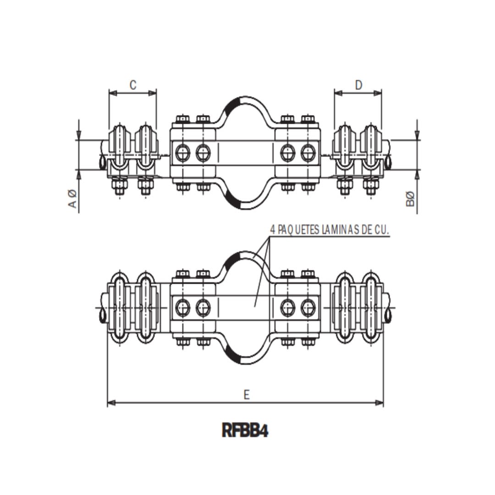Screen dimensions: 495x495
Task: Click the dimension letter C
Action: [132, 85]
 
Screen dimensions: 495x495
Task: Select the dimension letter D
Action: [358, 85]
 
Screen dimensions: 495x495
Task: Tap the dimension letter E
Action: [247, 395]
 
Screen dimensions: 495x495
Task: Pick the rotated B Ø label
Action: [411, 199]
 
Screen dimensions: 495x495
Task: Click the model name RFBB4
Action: [245, 431]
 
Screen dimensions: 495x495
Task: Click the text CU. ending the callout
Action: [382, 230]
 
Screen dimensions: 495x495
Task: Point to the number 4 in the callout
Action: [273, 230]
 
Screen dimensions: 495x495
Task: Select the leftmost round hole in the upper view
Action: [182, 153]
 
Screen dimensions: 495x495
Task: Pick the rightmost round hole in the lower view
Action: [308, 308]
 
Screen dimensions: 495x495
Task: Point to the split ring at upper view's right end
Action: [389, 162]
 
